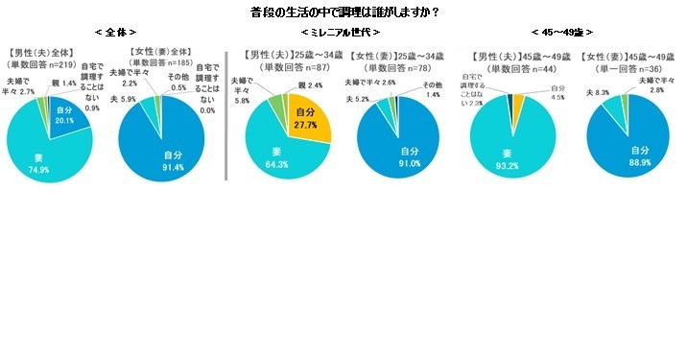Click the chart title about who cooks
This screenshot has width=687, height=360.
pos(343,12)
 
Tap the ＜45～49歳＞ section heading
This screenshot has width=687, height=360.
pos(572,33)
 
